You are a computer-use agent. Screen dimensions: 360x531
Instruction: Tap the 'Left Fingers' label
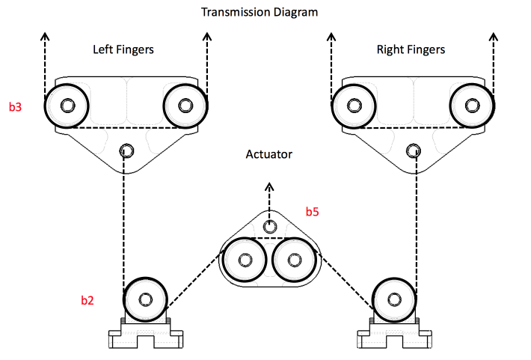tap(123, 50)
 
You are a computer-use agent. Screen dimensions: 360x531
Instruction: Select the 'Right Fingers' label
tap(411, 50)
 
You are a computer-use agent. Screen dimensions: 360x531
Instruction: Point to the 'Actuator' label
tap(268, 154)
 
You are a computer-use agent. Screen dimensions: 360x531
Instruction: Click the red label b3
tap(15, 107)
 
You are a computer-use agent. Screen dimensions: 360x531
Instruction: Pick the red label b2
tap(88, 301)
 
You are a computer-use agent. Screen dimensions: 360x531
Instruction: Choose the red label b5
tap(312, 212)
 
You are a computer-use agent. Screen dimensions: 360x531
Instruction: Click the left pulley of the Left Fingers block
tap(66, 106)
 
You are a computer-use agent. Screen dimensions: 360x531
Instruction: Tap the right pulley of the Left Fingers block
tap(184, 106)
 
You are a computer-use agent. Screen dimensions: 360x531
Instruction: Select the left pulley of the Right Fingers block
tap(353, 106)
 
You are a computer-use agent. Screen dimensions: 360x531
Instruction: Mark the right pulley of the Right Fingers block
tap(471, 106)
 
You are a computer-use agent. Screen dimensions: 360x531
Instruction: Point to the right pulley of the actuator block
tap(292, 260)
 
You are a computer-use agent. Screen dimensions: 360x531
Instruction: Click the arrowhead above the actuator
tap(268, 188)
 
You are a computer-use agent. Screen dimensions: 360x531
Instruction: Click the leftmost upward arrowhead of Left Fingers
tap(45, 37)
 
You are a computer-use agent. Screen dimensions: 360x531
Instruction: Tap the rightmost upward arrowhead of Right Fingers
tap(493, 37)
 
